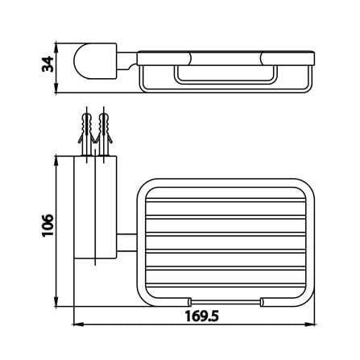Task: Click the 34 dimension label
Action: (x=48, y=64)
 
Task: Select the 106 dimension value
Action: (x=48, y=225)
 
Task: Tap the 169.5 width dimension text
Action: (x=201, y=316)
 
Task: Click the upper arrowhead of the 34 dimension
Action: (x=56, y=48)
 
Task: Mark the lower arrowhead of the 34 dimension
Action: (x=56, y=88)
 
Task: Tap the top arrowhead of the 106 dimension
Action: (x=56, y=160)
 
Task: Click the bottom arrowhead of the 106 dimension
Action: (x=56, y=301)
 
